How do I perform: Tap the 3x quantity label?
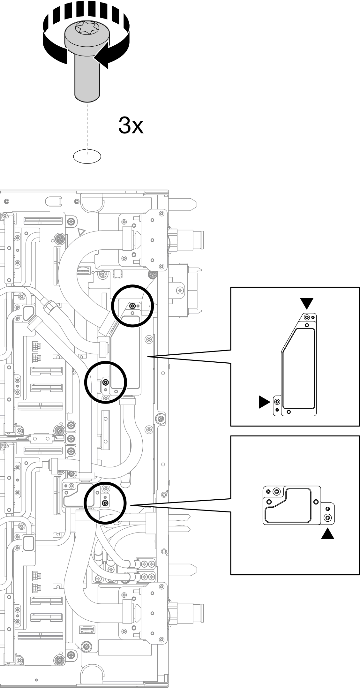point(131,125)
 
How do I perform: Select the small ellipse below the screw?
point(87,156)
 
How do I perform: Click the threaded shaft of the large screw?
point(87,80)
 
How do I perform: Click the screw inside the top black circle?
point(132,306)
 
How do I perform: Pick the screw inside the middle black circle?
point(106,382)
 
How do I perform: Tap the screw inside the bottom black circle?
point(105,503)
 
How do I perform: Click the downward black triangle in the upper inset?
point(307,303)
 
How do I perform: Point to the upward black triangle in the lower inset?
point(327,533)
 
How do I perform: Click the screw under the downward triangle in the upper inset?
point(307,317)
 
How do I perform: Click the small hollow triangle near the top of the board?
point(82,231)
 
